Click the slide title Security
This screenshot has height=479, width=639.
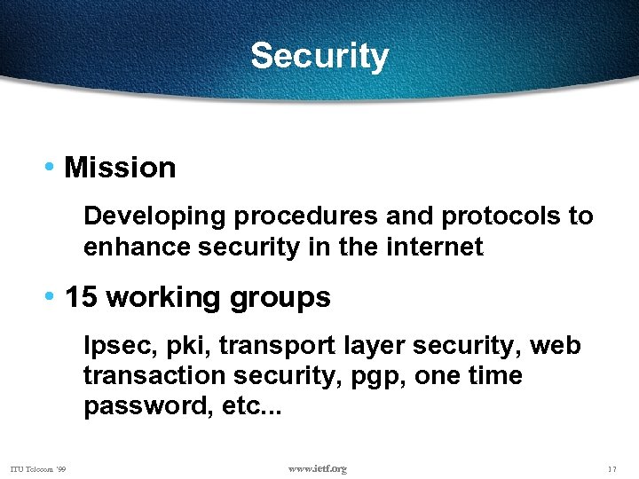pos(319,56)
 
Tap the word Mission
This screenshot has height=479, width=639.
pos(120,168)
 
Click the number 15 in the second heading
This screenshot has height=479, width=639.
pos(81,297)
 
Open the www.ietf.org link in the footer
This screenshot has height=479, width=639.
pos(319,468)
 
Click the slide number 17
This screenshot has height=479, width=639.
pos(612,468)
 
